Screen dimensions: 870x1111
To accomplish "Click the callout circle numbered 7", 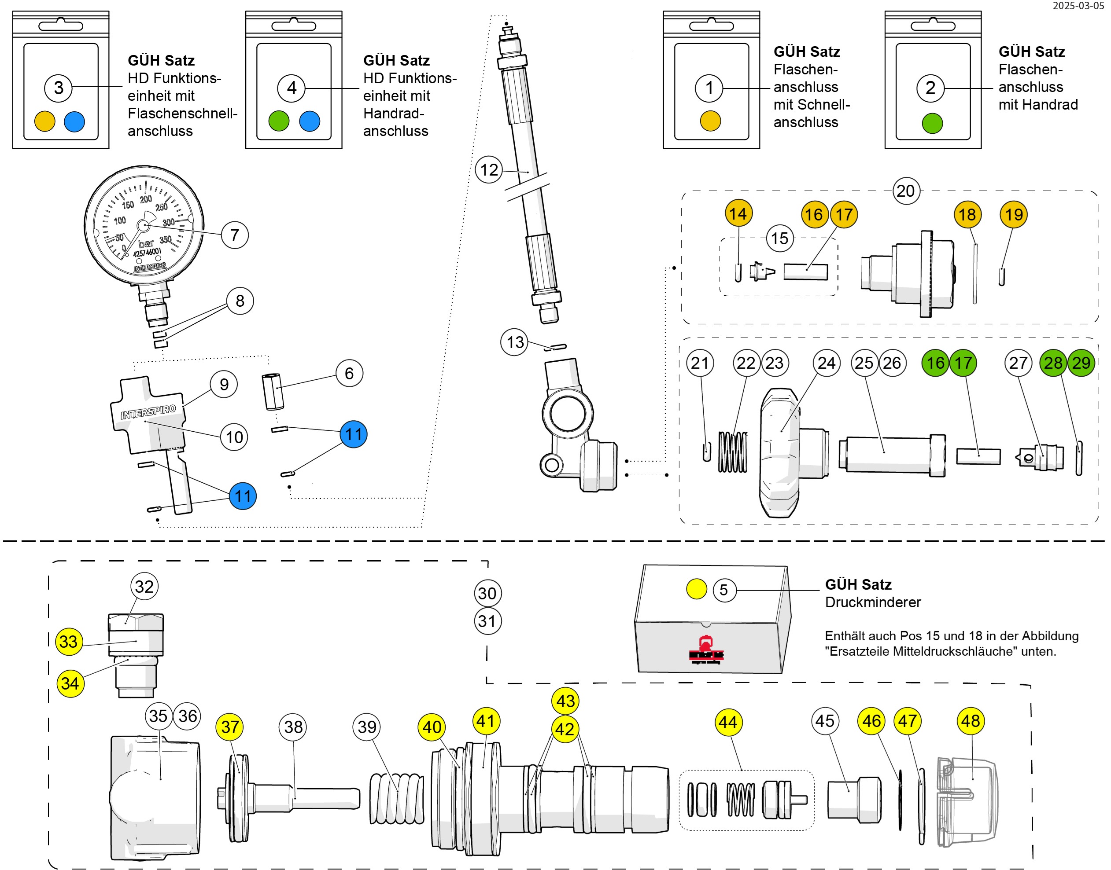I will pos(234,235).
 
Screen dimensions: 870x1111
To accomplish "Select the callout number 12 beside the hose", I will pos(489,169).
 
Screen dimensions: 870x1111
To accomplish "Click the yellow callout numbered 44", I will pos(727,722).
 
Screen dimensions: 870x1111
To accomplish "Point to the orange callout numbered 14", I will pos(738,213).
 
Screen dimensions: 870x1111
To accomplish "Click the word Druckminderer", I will pos(872,602).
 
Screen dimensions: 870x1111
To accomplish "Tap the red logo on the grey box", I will pos(706,651).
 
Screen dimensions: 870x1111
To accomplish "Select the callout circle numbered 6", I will pos(349,373).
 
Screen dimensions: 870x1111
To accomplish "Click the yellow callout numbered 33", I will pos(69,641).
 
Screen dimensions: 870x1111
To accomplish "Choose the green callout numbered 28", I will pos(1053,363).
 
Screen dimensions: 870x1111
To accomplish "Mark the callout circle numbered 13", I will pos(515,342).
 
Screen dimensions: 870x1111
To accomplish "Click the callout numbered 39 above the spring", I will pos(367,727).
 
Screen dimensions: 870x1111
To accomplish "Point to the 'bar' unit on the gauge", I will pos(146,243).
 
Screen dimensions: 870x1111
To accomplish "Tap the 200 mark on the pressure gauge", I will pos(146,199).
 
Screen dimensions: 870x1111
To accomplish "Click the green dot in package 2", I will pos(932,123).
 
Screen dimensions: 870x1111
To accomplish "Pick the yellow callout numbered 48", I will pos(971,721).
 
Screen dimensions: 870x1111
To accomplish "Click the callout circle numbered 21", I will pos(700,363).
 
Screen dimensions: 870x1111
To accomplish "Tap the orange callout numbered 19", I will pos(1014,214).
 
